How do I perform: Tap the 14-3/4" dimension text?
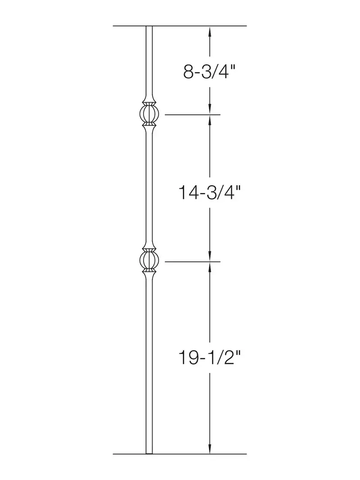pyautogui.click(x=209, y=192)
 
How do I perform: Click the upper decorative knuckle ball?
pyautogui.click(x=149, y=114)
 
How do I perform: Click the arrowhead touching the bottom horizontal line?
pyautogui.click(x=210, y=448)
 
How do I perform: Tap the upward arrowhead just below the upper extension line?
pyautogui.click(x=210, y=120)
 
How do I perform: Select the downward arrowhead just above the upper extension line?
pyautogui.click(x=210, y=109)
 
